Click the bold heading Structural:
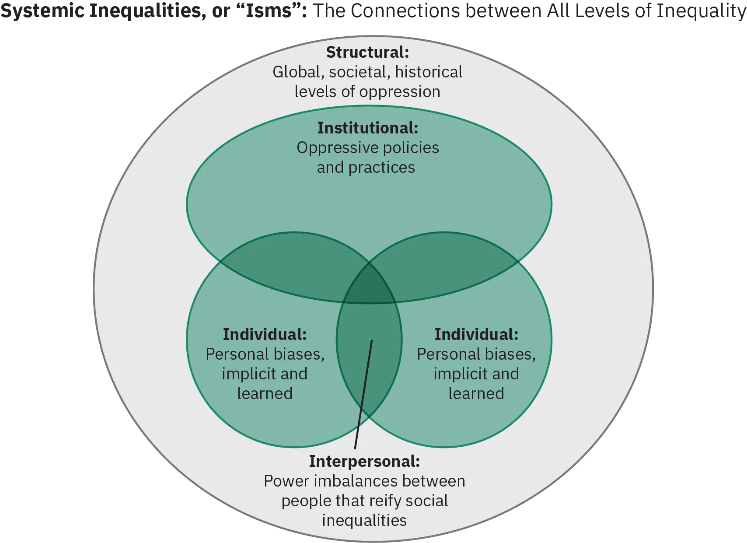367,52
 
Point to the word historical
429,72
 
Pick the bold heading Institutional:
367,128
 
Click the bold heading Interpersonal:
364,461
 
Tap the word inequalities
364,520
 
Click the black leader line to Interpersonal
363,394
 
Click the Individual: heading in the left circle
265,334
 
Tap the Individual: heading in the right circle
476,334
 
